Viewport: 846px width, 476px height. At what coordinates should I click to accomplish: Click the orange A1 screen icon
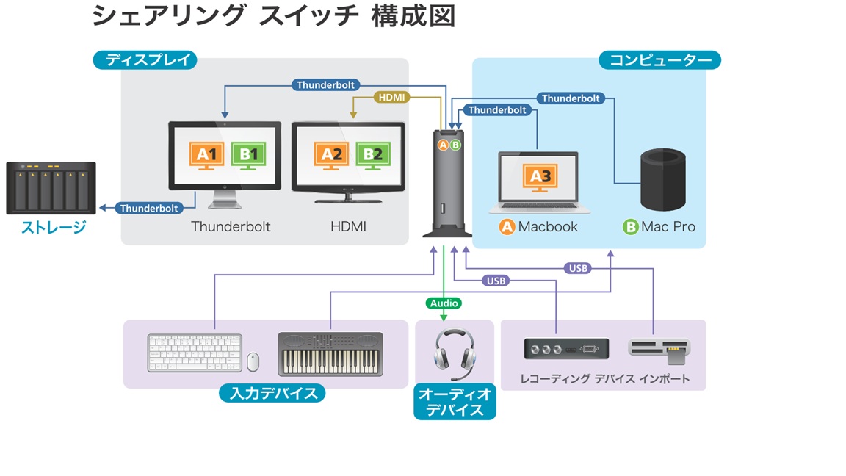click(206, 156)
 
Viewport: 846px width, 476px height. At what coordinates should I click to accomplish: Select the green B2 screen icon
click(373, 156)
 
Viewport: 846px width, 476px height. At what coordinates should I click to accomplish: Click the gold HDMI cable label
click(391, 98)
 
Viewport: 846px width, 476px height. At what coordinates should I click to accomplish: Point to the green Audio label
click(444, 303)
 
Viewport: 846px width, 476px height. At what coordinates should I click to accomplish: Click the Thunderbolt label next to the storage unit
click(149, 209)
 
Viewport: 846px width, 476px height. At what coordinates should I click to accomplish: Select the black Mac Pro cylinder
click(663, 179)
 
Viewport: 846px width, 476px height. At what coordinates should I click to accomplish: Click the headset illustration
click(455, 353)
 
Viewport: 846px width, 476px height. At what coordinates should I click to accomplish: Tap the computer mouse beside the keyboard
click(253, 362)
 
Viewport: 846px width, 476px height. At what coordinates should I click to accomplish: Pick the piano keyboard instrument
click(330, 354)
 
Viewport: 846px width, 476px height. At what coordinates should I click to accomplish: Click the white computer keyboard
click(195, 353)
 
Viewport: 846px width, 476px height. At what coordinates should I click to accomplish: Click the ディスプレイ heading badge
click(145, 60)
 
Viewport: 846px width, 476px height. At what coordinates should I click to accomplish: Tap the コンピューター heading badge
click(660, 60)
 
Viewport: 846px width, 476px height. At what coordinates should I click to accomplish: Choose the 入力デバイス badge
click(272, 393)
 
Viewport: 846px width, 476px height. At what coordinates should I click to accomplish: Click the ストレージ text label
click(54, 227)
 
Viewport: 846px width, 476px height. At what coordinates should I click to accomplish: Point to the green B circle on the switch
click(456, 145)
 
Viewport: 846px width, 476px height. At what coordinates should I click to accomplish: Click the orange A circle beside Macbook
click(507, 227)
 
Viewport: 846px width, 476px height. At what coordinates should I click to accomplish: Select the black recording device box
click(566, 349)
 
